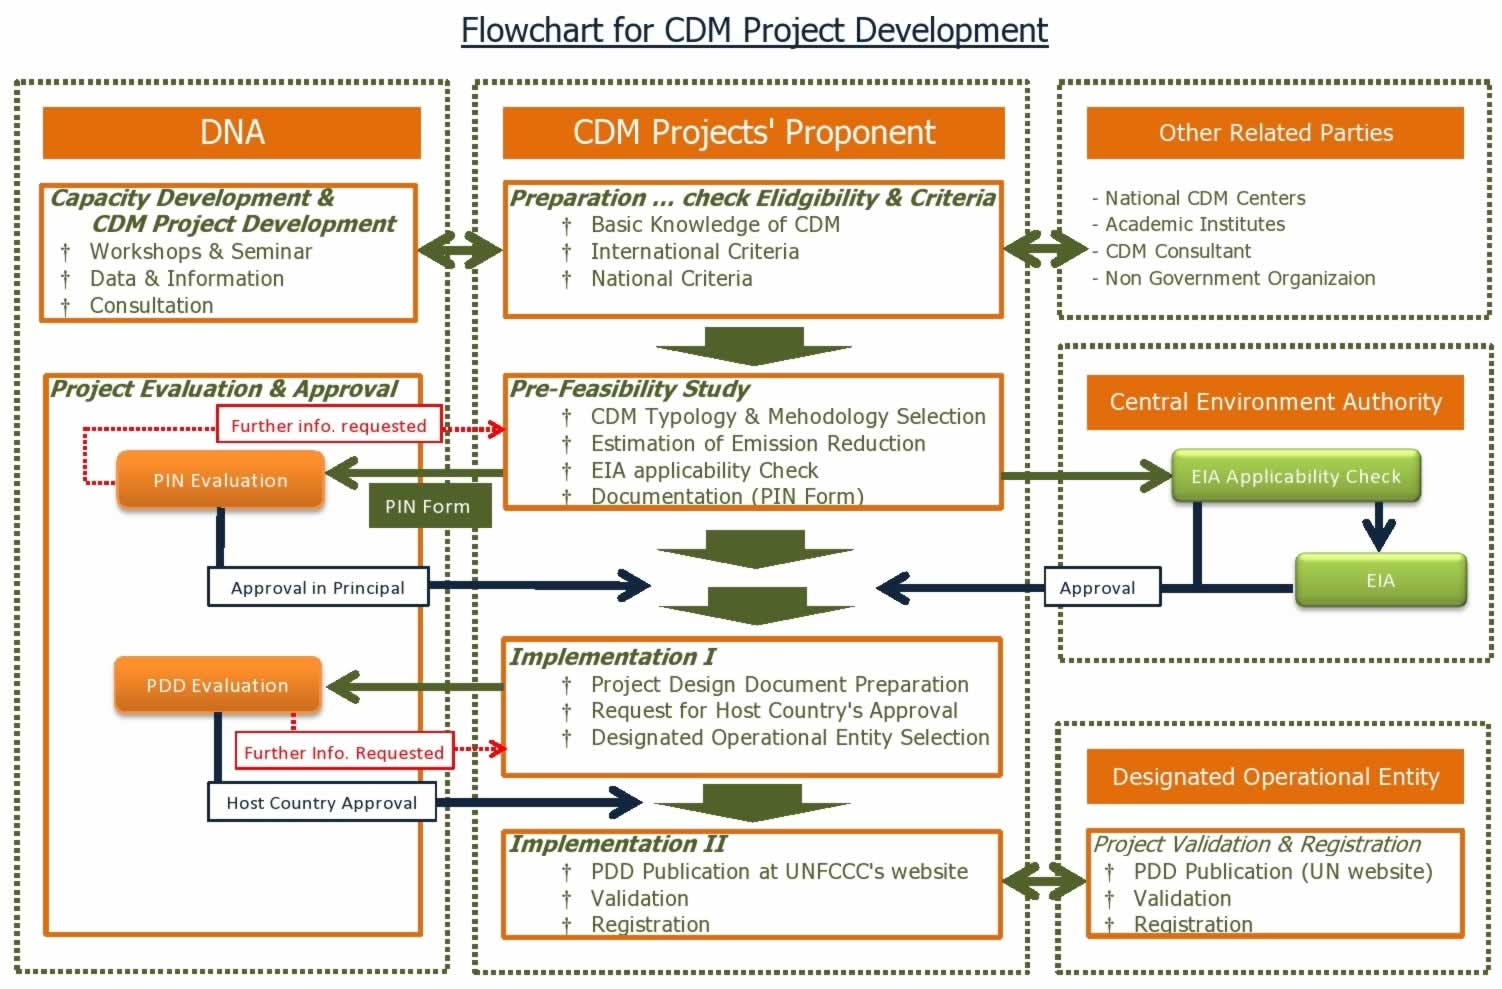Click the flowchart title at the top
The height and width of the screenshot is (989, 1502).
(x=754, y=31)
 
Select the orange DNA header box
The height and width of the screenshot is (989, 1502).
(x=232, y=133)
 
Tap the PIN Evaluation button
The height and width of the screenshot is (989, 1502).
(x=220, y=480)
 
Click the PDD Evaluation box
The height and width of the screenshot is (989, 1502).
(x=218, y=685)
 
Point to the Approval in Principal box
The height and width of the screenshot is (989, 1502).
(x=318, y=587)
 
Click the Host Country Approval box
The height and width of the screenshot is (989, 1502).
(x=322, y=802)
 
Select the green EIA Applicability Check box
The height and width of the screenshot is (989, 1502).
(x=1296, y=476)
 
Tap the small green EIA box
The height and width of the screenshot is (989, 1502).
(x=1381, y=580)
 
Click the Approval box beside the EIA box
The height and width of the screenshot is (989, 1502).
(x=1102, y=587)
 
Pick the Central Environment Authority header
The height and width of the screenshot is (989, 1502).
(x=1275, y=402)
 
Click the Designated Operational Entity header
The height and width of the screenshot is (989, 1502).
(x=1275, y=776)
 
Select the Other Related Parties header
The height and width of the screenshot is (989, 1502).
(x=1275, y=133)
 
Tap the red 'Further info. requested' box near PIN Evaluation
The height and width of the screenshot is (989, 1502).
(x=329, y=424)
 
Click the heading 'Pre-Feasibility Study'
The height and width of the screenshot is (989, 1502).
(x=629, y=389)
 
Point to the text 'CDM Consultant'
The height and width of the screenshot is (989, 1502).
(x=1177, y=251)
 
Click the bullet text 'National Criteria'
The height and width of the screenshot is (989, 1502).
(x=671, y=278)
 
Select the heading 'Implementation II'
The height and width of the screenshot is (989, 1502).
(x=617, y=843)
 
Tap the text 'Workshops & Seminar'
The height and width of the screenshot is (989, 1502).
(x=200, y=251)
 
